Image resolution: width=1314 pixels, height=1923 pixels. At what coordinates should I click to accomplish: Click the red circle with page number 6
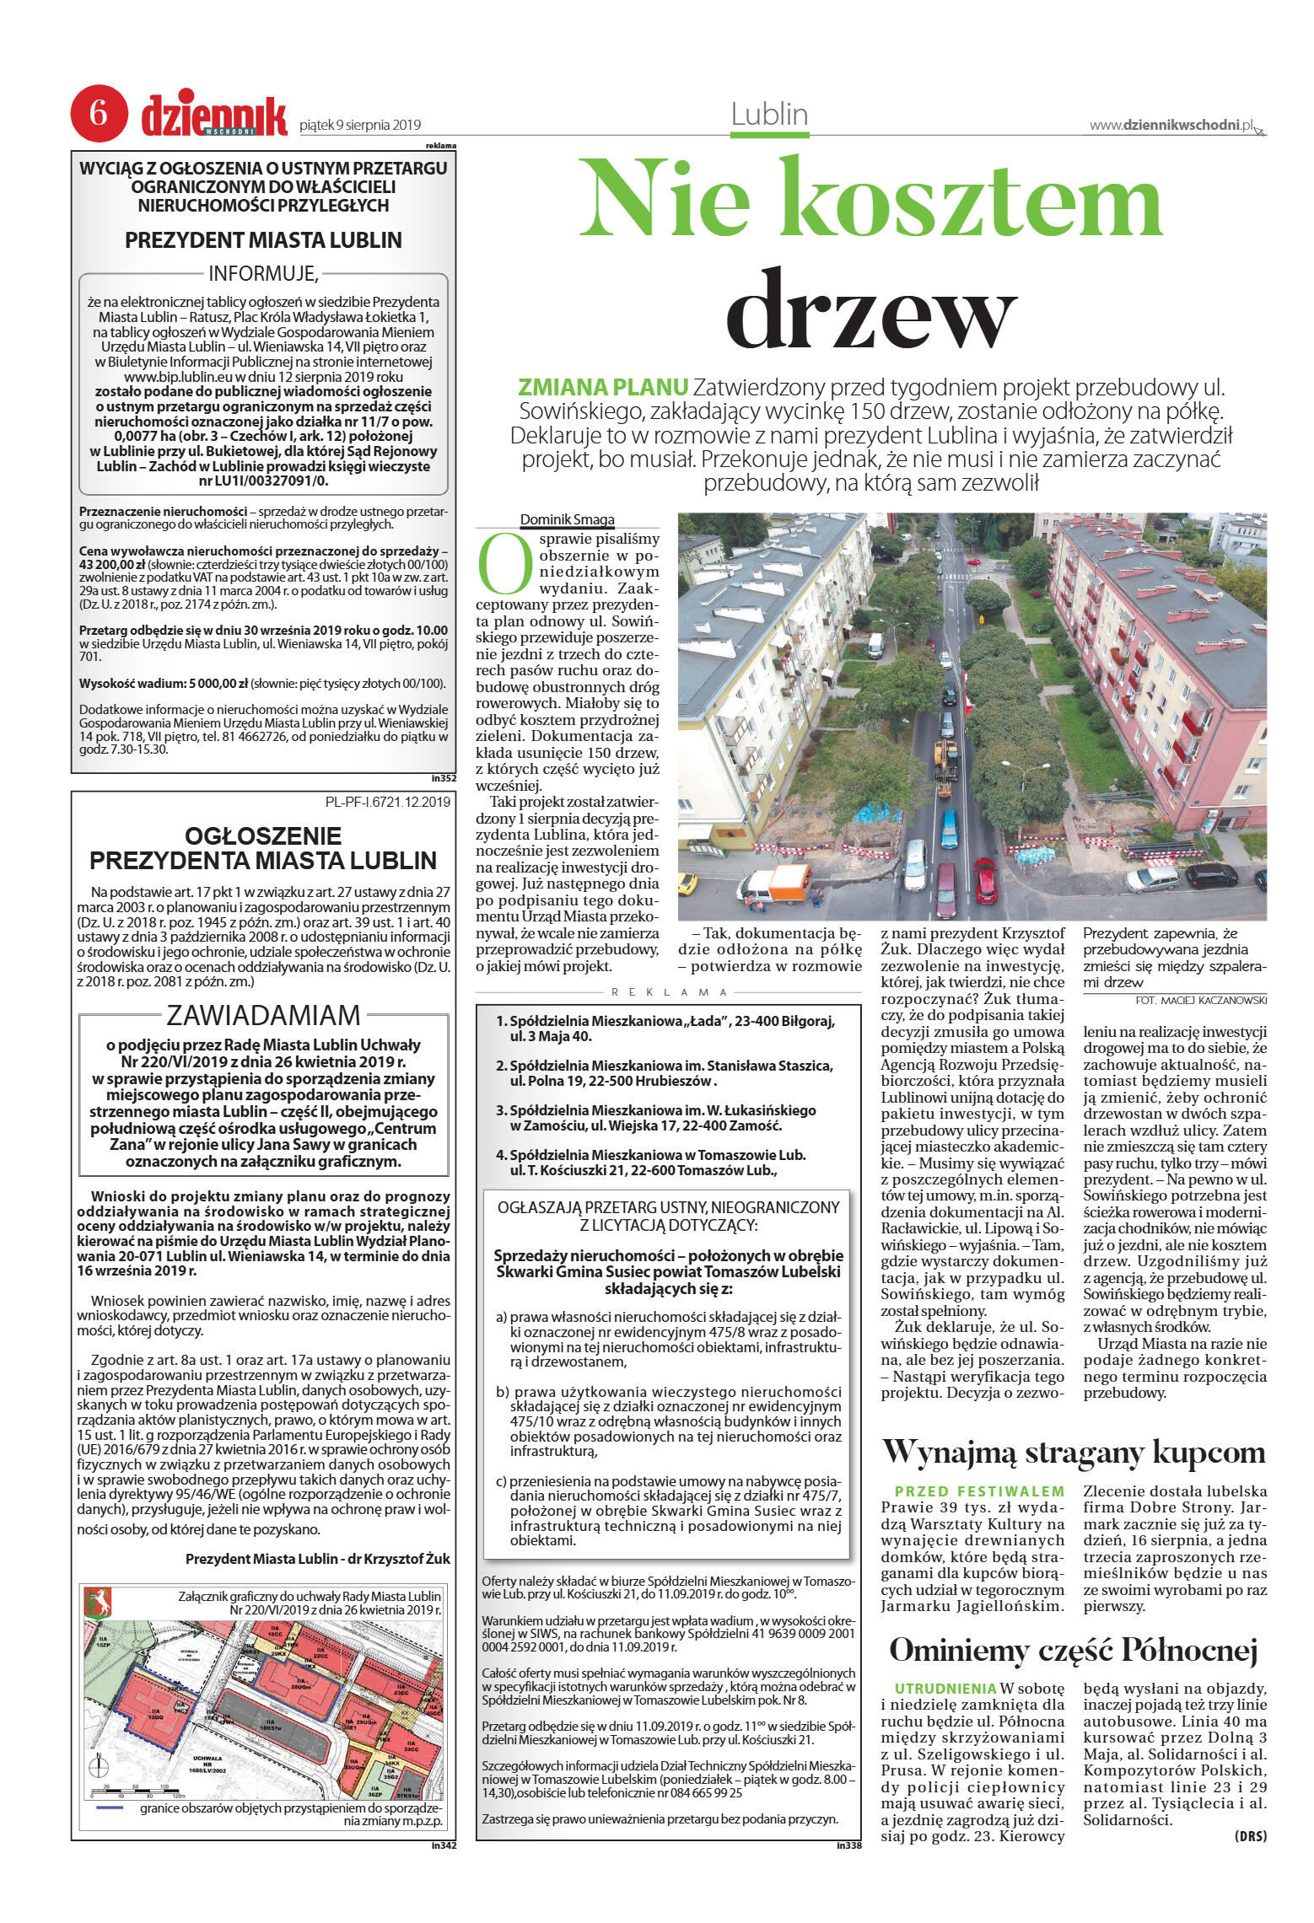tap(99, 113)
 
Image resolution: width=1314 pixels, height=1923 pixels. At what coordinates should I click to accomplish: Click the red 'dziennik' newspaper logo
tap(214, 116)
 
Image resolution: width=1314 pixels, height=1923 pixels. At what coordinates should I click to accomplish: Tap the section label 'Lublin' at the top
tap(769, 115)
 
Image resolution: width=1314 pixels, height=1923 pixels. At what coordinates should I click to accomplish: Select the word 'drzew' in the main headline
tap(870, 311)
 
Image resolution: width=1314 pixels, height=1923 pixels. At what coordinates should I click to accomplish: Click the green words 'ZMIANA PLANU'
tap(602, 388)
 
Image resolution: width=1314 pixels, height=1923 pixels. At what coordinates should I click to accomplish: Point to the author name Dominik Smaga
tap(567, 519)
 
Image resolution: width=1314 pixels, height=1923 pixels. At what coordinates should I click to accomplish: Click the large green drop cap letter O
tap(505, 561)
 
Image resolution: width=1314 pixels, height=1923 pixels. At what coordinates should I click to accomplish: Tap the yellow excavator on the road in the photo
tap(945, 760)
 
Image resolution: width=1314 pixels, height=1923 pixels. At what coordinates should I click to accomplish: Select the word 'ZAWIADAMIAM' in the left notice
tap(263, 1015)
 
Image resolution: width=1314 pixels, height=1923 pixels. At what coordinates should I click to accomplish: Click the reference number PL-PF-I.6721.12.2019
tap(387, 802)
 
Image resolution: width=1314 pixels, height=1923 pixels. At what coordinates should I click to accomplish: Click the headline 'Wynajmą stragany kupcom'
tap(1073, 1452)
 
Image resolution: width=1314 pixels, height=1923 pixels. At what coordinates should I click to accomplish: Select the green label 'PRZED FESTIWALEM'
tap(979, 1491)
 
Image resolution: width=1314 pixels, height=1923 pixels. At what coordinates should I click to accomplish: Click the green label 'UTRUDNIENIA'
tap(945, 1689)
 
